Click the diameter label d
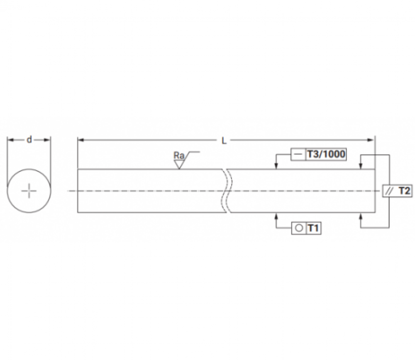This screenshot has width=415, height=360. pyautogui.click(x=29, y=140)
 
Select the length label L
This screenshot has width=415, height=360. pyautogui.click(x=224, y=141)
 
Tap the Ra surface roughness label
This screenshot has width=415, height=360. pyautogui.click(x=179, y=155)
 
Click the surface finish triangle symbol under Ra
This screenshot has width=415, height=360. pyautogui.click(x=179, y=164)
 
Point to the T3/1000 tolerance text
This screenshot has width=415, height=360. pyautogui.click(x=326, y=154)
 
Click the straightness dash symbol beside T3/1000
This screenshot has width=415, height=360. pyautogui.click(x=298, y=154)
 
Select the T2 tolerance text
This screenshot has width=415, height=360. pyautogui.click(x=404, y=191)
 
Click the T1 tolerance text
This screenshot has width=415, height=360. pyautogui.click(x=313, y=228)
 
